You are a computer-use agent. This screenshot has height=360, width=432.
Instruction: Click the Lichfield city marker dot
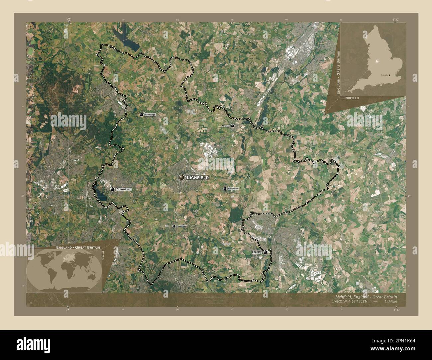pyautogui.click(x=181, y=178)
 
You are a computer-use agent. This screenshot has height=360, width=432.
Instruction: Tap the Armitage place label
pyautogui.click(x=150, y=115)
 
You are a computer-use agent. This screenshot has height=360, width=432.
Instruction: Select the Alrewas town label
pyautogui.click(x=226, y=126)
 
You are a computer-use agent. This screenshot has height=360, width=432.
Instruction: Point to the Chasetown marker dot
pyautogui.click(x=113, y=189)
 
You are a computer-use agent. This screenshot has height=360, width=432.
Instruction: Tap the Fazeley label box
pyautogui.click(x=257, y=252)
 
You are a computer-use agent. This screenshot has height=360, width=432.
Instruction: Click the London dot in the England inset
pyautogui.click(x=394, y=75)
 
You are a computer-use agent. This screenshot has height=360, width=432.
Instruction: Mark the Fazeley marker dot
pyautogui.click(x=265, y=252)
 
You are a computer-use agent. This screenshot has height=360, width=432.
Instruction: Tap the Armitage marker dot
pyautogui.click(x=142, y=115)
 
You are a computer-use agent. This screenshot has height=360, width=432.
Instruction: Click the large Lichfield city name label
pyautogui.click(x=198, y=178)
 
